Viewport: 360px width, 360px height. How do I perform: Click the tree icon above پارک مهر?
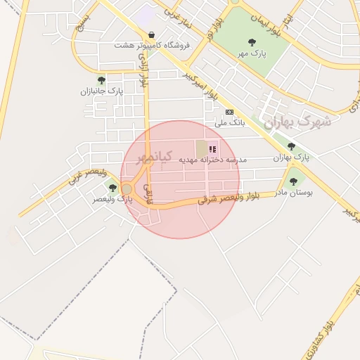tap(252, 43)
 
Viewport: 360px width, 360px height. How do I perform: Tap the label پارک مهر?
tap(252, 53)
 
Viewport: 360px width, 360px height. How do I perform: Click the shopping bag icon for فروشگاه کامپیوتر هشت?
tap(151, 34)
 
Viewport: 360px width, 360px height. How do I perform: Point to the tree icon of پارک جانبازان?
tap(101, 80)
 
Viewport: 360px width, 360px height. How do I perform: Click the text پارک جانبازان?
tap(101, 91)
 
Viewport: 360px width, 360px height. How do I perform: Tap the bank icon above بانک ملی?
tap(229, 112)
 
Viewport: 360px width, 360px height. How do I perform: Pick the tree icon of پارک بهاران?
tap(291, 146)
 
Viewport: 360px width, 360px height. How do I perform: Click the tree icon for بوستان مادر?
tap(293, 181)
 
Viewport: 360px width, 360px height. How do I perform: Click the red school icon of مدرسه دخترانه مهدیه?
tap(213, 149)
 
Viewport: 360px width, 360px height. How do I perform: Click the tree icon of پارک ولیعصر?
tap(112, 188)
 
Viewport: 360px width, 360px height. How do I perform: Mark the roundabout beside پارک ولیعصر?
tap(127, 189)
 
